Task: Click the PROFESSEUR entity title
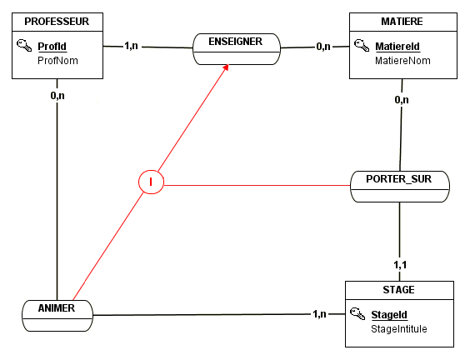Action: point(57,22)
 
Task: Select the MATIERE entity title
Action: point(402,22)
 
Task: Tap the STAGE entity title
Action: point(398,290)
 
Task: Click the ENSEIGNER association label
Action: point(235,42)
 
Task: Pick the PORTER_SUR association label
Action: point(398,179)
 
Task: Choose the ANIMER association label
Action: point(57,308)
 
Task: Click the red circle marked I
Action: point(151,182)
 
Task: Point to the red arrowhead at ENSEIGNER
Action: point(226,67)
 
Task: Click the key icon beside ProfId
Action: point(24,45)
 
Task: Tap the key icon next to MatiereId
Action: point(362,45)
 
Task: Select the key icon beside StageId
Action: point(357,313)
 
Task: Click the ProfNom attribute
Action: point(57,61)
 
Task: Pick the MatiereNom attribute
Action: point(402,61)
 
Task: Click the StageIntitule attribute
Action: point(399,329)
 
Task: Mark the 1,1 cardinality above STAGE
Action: point(400,265)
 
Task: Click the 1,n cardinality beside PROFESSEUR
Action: point(132,46)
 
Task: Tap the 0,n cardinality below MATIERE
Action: point(402,99)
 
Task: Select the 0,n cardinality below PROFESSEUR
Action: point(57,96)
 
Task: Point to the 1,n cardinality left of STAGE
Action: point(319,314)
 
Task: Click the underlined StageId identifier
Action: point(389,315)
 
